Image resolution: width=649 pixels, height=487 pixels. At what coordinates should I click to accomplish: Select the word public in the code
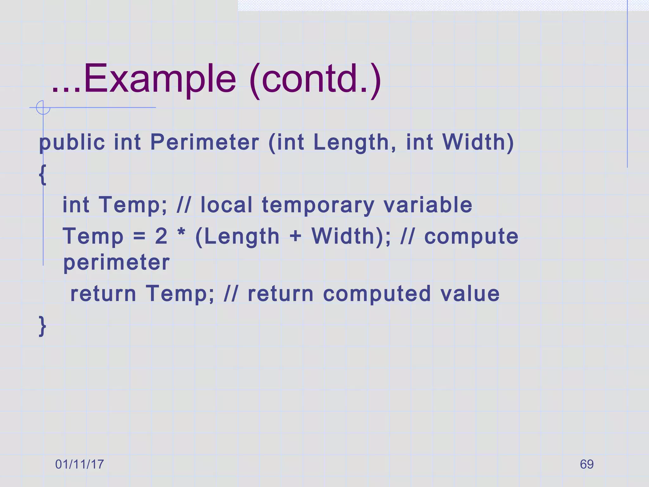point(72,142)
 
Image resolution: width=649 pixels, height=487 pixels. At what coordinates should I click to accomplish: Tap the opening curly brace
point(42,174)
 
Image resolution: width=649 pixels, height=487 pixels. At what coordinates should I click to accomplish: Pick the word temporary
point(318,205)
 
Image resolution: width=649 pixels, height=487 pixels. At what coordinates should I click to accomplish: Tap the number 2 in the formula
point(161,236)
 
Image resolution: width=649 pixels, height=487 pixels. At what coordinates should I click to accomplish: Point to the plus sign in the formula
point(295,237)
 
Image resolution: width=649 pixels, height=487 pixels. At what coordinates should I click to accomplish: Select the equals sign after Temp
point(139,237)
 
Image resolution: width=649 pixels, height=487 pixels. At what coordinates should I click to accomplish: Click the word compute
point(471,237)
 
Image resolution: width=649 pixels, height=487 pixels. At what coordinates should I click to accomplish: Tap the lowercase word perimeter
point(117,263)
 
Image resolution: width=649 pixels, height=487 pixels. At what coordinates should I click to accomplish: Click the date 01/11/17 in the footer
point(80,464)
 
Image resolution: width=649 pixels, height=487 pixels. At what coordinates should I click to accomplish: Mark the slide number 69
point(587,464)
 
